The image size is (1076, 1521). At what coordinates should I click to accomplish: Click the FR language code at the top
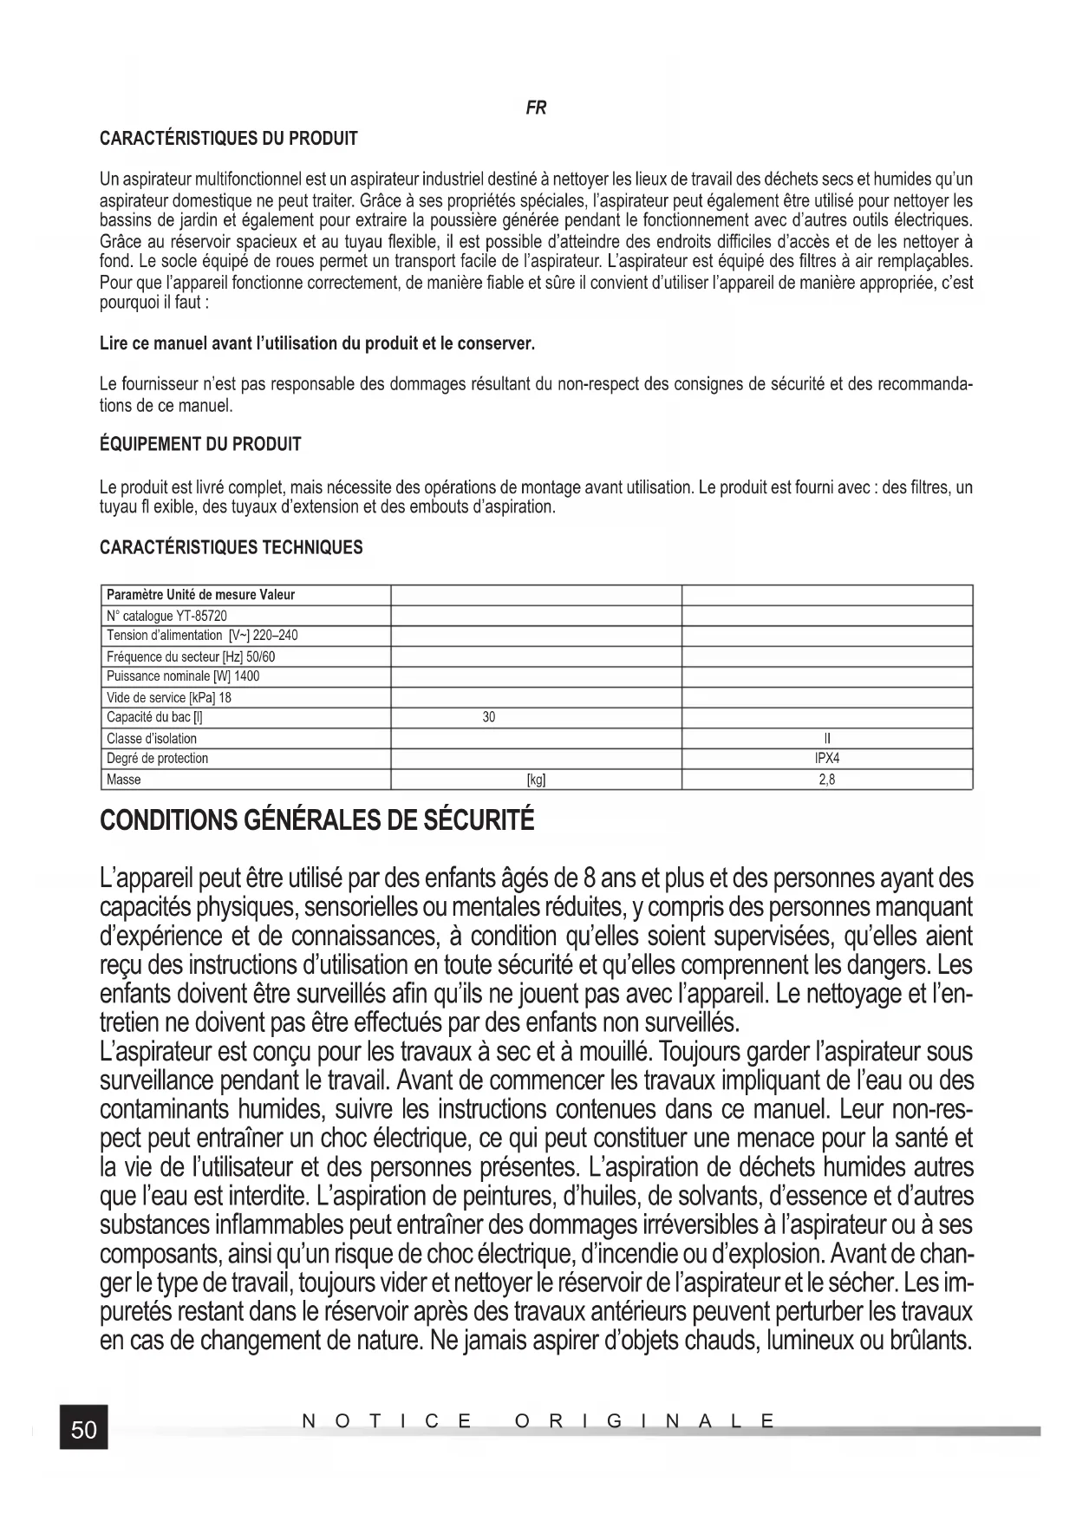536,108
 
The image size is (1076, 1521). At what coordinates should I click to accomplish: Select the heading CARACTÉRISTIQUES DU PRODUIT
229,139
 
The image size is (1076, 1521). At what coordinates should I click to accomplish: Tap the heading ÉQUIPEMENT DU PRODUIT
200,445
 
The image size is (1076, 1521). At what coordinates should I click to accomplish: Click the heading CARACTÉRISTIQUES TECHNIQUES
232,548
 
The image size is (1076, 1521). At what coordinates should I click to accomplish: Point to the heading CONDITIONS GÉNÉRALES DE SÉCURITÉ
317,820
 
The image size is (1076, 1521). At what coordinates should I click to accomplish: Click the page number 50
84,1429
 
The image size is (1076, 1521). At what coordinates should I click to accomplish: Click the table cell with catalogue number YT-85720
166,616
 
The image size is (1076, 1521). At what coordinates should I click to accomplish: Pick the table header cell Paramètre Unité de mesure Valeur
200,595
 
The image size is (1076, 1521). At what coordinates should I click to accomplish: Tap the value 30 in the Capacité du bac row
489,717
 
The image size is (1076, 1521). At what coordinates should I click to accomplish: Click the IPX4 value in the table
827,758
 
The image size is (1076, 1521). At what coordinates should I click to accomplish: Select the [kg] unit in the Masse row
536,780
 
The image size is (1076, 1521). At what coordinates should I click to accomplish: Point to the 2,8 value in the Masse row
827,780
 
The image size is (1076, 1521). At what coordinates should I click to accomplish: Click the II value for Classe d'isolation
827,739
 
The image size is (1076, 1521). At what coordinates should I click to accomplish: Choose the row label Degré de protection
157,759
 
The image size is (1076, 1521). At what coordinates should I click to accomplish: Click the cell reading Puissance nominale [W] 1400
183,676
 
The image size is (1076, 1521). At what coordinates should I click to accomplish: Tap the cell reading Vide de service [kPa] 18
169,697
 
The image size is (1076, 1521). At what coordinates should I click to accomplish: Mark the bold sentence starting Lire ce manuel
317,344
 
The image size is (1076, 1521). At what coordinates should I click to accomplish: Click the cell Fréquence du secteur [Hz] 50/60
191,656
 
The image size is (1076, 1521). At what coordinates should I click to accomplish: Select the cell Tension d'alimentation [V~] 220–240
202,636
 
